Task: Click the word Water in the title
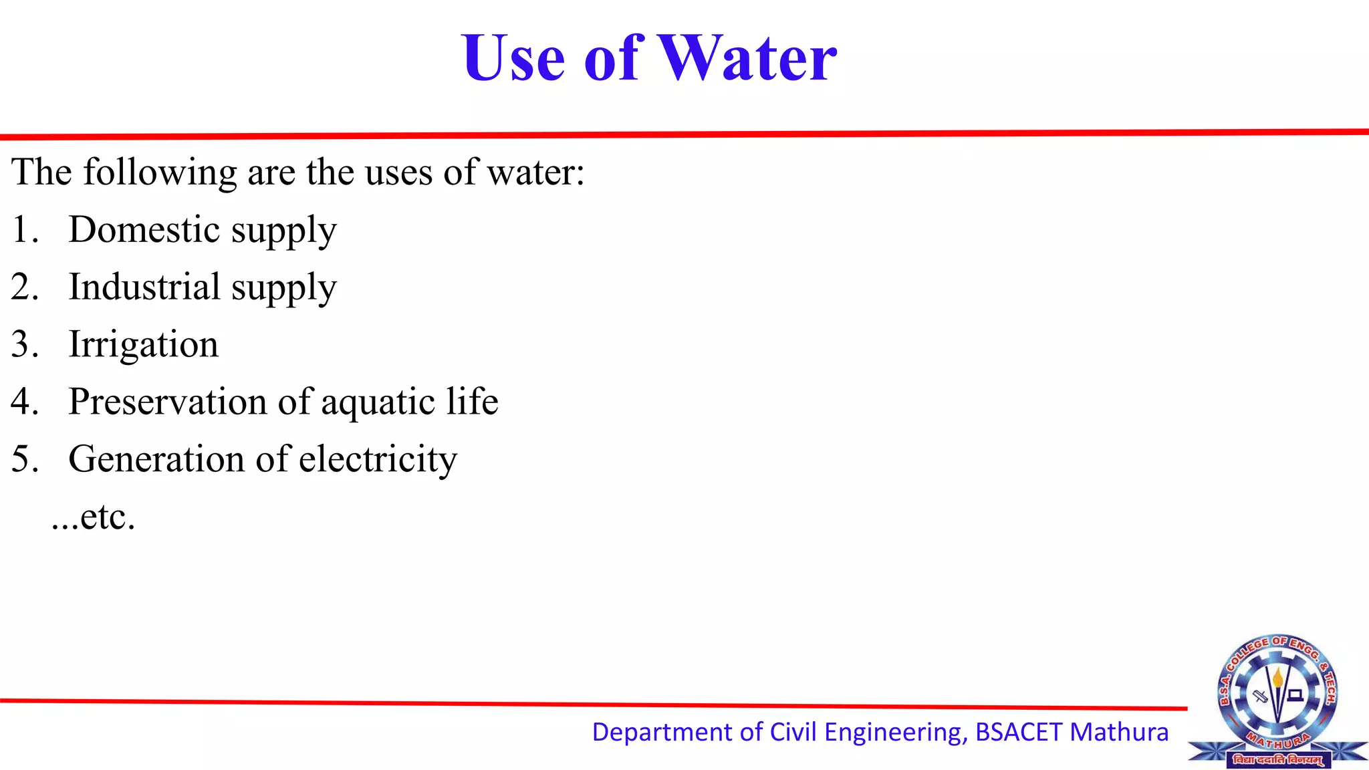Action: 748,58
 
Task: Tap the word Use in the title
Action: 513,58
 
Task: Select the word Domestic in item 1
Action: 144,229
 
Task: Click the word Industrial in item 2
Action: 144,287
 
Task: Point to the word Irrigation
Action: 144,345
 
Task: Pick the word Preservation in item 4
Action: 168,402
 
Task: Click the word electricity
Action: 378,460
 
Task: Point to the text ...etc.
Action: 94,517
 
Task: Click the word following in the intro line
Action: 160,172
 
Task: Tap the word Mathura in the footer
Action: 1119,733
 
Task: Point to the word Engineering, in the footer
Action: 896,733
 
